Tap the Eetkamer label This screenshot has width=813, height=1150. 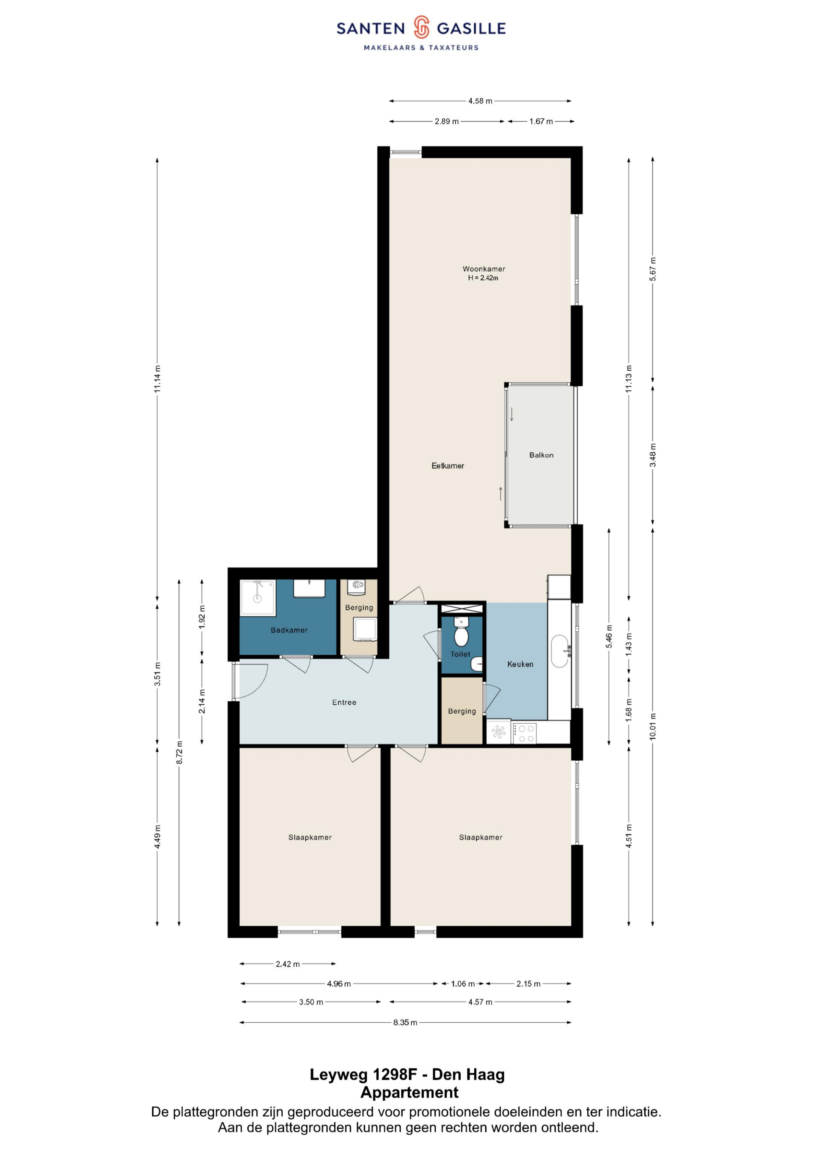(448, 466)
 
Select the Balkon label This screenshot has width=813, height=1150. (541, 455)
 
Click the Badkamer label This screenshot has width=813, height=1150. (289, 630)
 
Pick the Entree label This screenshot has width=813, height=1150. (344, 702)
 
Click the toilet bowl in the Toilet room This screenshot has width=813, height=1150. (461, 635)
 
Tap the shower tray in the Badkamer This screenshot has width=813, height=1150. (258, 597)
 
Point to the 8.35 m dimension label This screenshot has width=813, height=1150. (405, 1023)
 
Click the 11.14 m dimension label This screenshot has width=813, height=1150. (157, 379)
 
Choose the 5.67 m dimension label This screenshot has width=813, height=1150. (653, 270)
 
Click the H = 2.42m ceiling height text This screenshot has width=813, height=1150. (483, 278)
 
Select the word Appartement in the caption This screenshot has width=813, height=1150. (410, 1092)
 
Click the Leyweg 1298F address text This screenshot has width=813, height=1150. (364, 1074)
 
